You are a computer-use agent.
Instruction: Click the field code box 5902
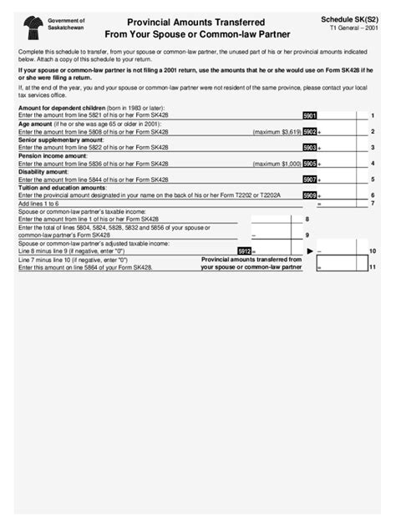(309, 132)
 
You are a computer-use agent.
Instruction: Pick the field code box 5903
(309, 148)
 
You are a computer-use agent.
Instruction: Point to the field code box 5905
(309, 164)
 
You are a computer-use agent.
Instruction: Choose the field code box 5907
(309, 180)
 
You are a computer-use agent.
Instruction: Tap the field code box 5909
(309, 195)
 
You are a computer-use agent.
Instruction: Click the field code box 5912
(244, 250)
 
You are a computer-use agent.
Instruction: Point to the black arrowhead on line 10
(310, 250)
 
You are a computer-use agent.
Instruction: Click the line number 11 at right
(372, 267)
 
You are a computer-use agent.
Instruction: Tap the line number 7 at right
(372, 203)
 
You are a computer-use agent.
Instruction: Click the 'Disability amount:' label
(44, 173)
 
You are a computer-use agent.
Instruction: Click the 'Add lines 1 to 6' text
(39, 204)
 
